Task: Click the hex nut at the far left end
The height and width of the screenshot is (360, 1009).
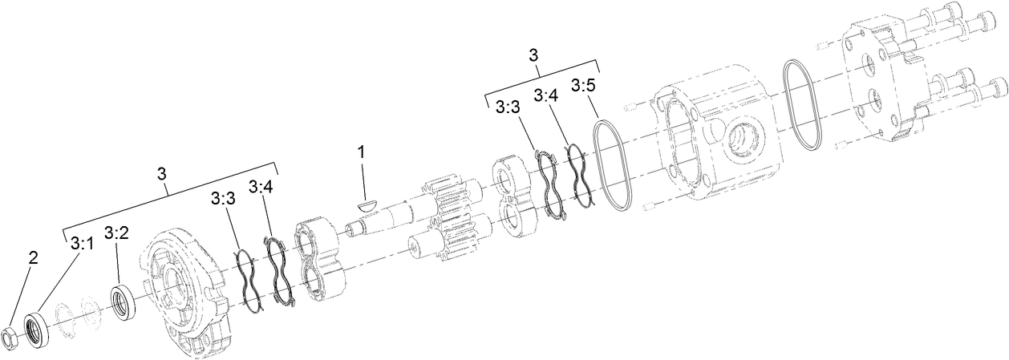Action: [x=12, y=341]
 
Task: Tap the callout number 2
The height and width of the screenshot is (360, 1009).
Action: [x=33, y=257]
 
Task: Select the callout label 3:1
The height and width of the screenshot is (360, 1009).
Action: [x=82, y=243]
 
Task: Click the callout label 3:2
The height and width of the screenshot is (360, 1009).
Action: [x=116, y=233]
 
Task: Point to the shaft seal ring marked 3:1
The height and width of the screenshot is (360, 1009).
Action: [x=37, y=329]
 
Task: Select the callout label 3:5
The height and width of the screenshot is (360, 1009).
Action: [x=584, y=86]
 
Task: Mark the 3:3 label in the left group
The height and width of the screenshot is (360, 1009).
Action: [x=224, y=198]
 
